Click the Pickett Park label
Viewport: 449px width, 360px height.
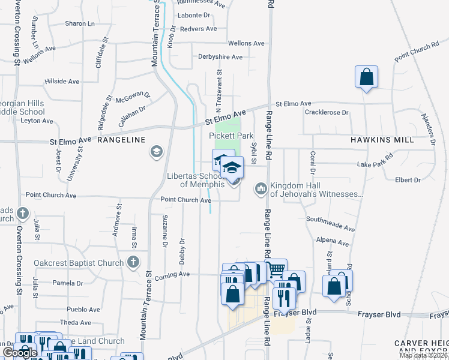(227, 136)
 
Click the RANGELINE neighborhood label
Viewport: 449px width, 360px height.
(121, 140)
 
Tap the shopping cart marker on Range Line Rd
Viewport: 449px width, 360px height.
(276, 269)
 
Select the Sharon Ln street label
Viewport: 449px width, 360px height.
(80, 24)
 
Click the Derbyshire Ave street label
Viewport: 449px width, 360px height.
(220, 57)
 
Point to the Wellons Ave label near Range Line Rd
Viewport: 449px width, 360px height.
(246, 43)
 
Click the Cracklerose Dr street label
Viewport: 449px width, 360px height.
(327, 112)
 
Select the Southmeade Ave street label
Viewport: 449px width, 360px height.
(331, 224)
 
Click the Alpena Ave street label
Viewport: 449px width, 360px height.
(333, 242)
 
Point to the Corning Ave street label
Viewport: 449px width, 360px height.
(172, 274)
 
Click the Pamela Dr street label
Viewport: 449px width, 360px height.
(67, 283)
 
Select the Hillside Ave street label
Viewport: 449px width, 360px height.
(62, 81)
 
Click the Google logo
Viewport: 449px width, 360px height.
(20, 353)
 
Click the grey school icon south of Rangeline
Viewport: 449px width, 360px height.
(157, 151)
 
